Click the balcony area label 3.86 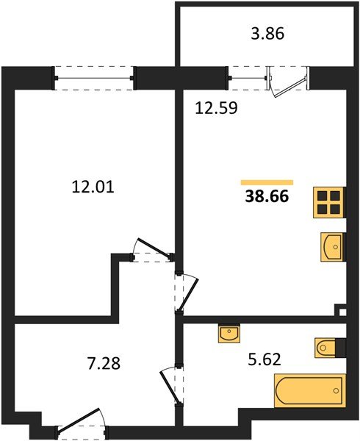tap(267, 34)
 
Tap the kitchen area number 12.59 tap(216, 108)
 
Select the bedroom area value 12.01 tap(93, 187)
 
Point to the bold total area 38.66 tap(267, 196)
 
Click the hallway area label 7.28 tap(104, 363)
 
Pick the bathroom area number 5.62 tap(264, 359)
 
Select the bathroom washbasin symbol tap(229, 333)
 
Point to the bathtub tap(310, 391)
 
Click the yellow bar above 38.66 tap(267, 182)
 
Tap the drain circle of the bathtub tap(336, 391)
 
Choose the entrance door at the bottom tap(79, 420)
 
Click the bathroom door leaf tap(170, 388)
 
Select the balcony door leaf tap(289, 87)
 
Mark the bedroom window tap(94, 78)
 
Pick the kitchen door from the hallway tap(188, 294)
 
